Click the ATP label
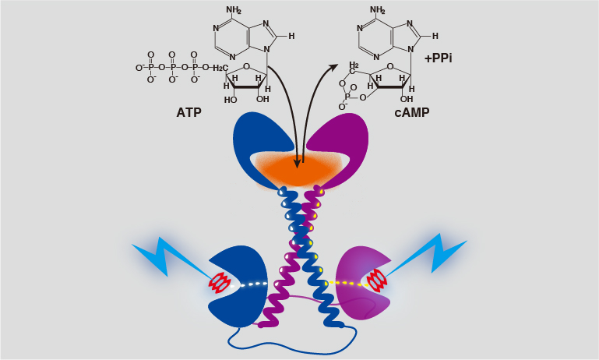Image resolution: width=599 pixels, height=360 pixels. coord(189,112)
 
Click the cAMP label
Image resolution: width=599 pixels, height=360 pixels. coord(412,112)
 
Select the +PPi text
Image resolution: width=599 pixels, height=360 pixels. coord(439,58)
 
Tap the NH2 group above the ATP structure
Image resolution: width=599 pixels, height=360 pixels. coord(234,9)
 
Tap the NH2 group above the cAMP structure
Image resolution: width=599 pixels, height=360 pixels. coord(378,9)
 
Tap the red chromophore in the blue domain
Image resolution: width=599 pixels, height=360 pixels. coord(220,283)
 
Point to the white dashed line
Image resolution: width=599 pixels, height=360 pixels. coord(248,284)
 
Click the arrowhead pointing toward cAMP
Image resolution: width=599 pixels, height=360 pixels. coord(333,69)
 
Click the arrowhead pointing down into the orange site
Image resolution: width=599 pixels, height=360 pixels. coord(297,163)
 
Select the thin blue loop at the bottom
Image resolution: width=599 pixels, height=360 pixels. coord(292,346)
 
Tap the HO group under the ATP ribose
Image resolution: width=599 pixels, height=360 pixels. coord(231,100)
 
